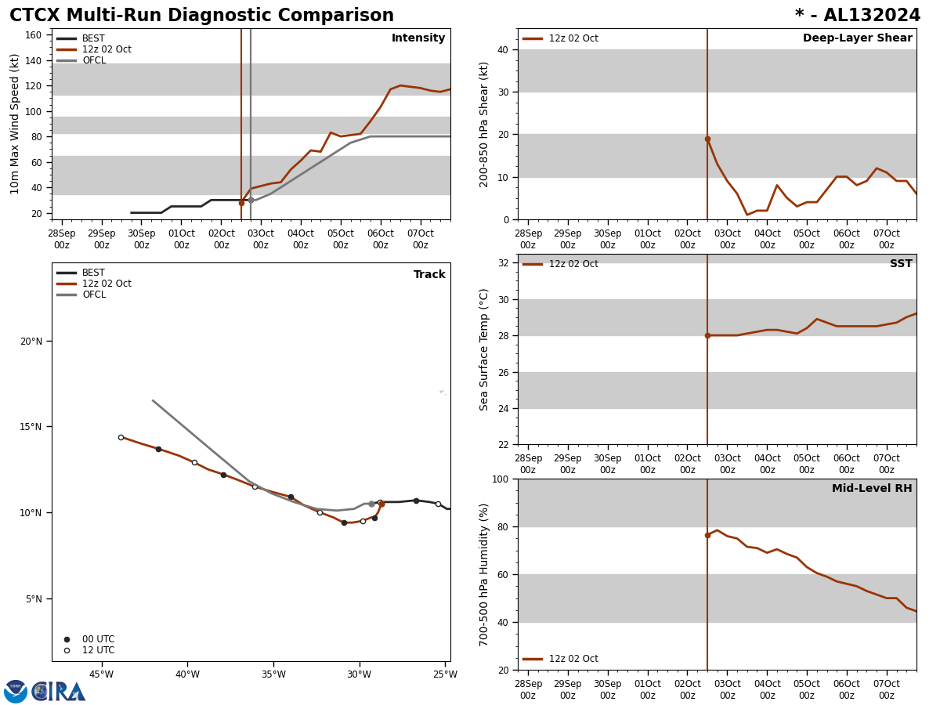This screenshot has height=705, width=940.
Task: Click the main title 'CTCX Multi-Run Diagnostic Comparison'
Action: pyautogui.click(x=201, y=16)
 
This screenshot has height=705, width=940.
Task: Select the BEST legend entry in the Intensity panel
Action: pyautogui.click(x=92, y=38)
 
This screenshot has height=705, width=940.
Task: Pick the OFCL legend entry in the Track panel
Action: pyautogui.click(x=93, y=295)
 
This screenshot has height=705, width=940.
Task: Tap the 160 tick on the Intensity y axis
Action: pyautogui.click(x=34, y=35)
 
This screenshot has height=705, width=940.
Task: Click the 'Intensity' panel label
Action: pyautogui.click(x=418, y=38)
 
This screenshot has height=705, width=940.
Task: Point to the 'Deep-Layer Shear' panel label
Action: pyautogui.click(x=857, y=38)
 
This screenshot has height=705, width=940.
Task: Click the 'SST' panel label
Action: pyautogui.click(x=901, y=264)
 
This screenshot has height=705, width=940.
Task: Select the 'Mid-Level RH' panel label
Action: pyautogui.click(x=872, y=489)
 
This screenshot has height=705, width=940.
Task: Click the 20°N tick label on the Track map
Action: pyautogui.click(x=31, y=341)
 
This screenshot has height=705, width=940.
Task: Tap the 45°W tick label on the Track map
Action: pyautogui.click(x=101, y=674)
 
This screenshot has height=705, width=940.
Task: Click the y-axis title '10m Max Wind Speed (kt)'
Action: pyautogui.click(x=15, y=124)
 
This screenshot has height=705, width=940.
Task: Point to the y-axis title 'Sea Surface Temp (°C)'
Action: pyautogui.click(x=485, y=349)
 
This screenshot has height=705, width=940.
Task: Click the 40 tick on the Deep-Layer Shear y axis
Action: pyautogui.click(x=502, y=49)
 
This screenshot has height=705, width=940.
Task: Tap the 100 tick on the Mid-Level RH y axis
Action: pyautogui.click(x=499, y=479)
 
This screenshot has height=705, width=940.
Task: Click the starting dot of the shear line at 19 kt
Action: pyautogui.click(x=707, y=139)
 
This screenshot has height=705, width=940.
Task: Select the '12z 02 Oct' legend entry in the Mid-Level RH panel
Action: pyautogui.click(x=573, y=659)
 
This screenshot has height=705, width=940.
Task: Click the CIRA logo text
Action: pyautogui.click(x=58, y=692)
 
